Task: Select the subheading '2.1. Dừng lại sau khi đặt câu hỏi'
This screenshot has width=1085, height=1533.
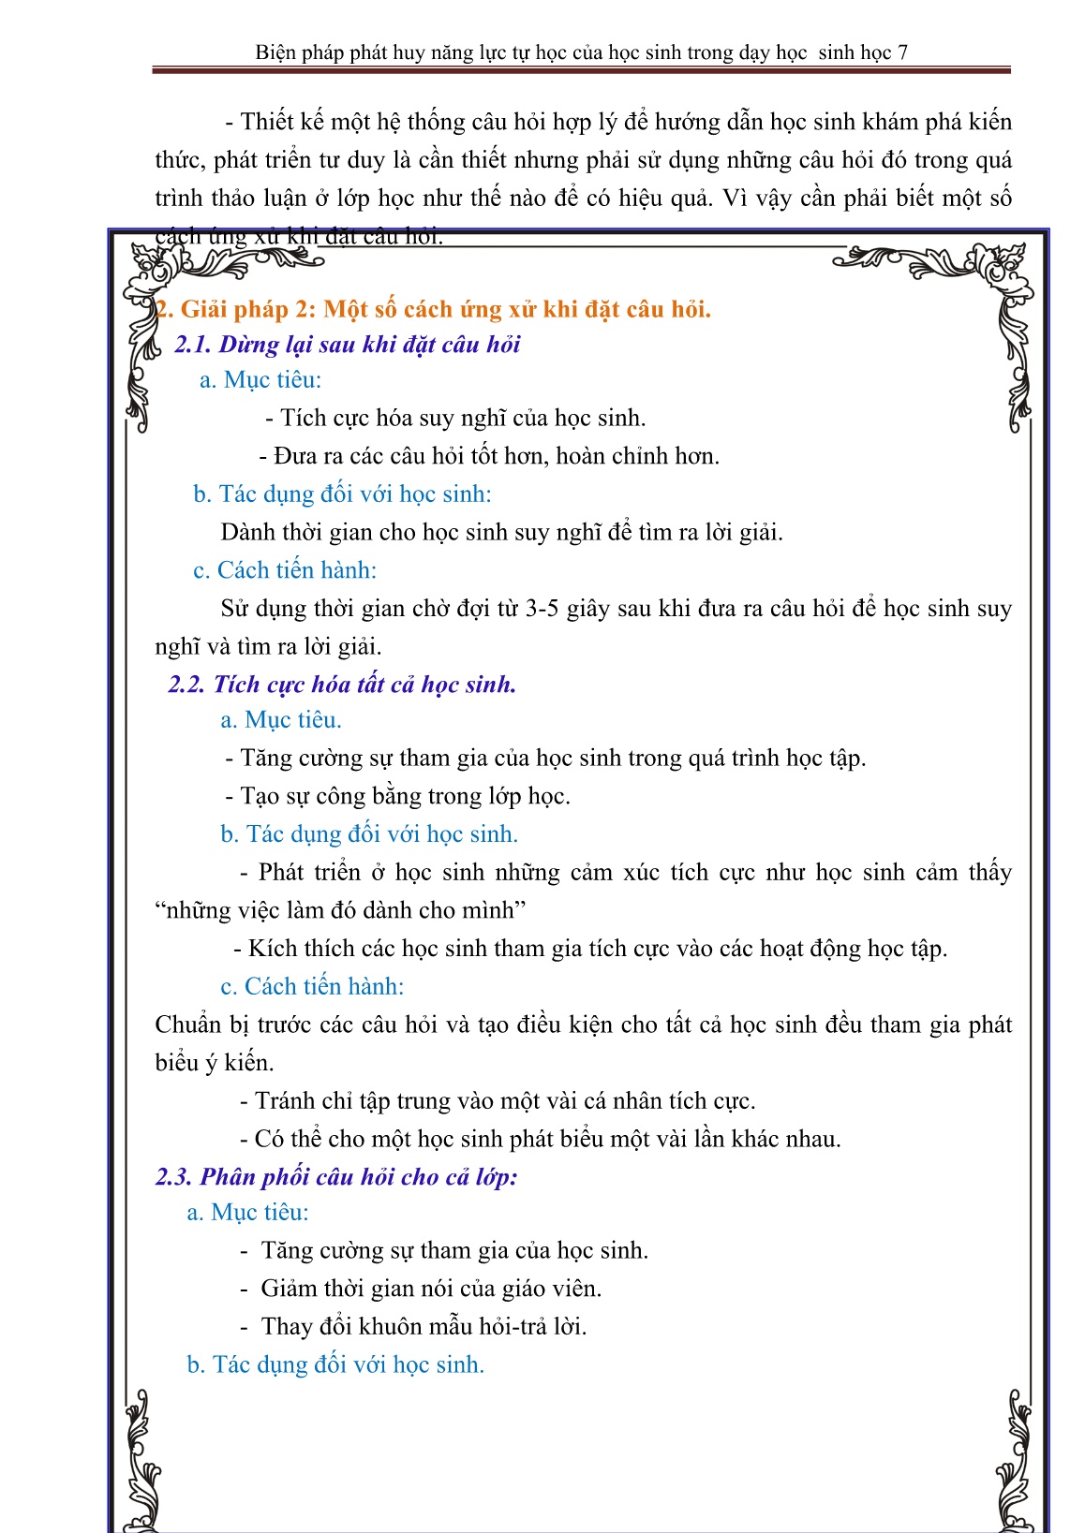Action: (347, 345)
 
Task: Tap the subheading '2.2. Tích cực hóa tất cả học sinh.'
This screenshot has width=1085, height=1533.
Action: (342, 685)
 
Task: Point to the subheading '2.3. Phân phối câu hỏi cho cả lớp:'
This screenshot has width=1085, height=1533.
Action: (336, 1176)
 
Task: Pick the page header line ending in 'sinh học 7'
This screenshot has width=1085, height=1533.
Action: (581, 52)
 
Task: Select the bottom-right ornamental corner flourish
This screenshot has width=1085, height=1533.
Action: (1017, 1461)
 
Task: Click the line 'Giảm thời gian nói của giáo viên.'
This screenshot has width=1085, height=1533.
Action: (431, 1289)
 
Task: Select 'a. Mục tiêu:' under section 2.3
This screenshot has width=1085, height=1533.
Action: (247, 1213)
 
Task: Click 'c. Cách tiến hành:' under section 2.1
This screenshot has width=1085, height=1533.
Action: (285, 570)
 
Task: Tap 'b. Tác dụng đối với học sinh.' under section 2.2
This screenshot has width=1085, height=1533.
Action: (369, 834)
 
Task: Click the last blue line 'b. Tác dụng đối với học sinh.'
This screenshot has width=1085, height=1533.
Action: (335, 1365)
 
